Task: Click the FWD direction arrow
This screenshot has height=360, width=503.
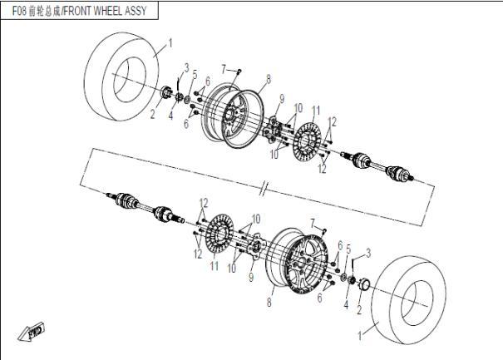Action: pyautogui.click(x=32, y=332)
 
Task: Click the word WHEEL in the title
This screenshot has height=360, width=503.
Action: pyautogui.click(x=107, y=11)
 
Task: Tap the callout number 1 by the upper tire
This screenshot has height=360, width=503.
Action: pyautogui.click(x=170, y=42)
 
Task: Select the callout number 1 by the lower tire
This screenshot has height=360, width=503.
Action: pyautogui.click(x=360, y=336)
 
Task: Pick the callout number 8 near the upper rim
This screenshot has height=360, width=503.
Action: pyautogui.click(x=269, y=79)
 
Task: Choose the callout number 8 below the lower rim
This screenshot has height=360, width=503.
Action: pyautogui.click(x=269, y=302)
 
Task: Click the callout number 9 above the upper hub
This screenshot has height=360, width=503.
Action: pyautogui.click(x=282, y=99)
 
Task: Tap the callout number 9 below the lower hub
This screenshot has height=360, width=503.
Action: pyautogui.click(x=251, y=278)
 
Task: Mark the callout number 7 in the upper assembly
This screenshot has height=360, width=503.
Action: pyautogui.click(x=224, y=69)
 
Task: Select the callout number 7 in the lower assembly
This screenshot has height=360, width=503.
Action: pyautogui.click(x=313, y=224)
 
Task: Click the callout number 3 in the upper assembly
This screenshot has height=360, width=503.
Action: pyautogui.click(x=186, y=68)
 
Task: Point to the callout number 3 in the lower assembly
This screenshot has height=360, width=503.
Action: pyautogui.click(x=368, y=253)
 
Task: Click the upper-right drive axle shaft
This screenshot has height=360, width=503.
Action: pyautogui.click(x=377, y=165)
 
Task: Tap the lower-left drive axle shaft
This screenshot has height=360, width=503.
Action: pyautogui.click(x=145, y=208)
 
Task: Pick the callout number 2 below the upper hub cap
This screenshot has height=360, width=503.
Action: pyautogui.click(x=153, y=114)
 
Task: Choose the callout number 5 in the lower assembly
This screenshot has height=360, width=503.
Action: pyautogui.click(x=348, y=249)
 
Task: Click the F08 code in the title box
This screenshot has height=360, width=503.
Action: pyautogui.click(x=18, y=11)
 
